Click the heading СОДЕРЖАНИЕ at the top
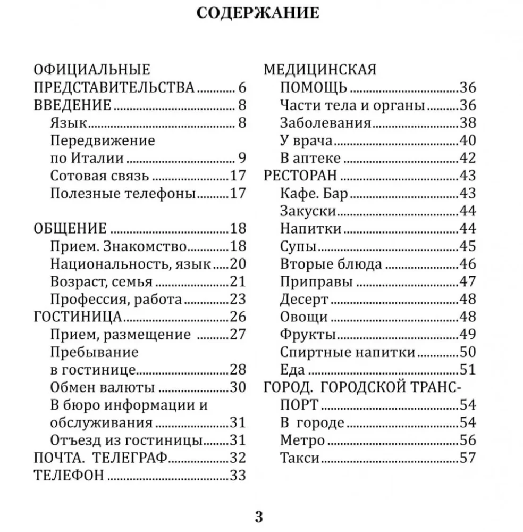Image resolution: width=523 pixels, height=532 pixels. pos(258,13)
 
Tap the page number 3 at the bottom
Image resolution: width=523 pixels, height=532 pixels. pos(259,516)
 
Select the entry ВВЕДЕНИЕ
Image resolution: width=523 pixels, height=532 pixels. pos(72,105)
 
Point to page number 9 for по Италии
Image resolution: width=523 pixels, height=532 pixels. pos(242,158)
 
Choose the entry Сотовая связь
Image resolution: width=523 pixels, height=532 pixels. pos(99,176)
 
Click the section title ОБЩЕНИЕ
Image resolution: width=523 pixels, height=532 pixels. pos(70,229)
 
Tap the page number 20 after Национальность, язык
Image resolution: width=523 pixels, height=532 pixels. pos(238,264)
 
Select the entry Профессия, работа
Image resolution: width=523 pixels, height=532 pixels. pos(116,300)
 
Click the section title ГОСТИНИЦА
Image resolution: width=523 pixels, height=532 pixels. pos(78,317)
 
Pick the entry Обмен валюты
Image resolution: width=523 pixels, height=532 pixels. pos(103,388)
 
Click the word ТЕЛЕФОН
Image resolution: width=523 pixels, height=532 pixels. pos(69,475)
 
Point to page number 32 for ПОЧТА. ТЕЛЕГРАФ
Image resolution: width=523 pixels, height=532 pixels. pos(238,458)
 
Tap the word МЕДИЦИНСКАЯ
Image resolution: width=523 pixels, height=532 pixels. pos(320,70)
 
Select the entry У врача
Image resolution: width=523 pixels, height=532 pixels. pos(306,140)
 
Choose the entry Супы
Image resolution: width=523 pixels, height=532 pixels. pos(298,246)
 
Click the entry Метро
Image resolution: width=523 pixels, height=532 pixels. pos(302,440)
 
